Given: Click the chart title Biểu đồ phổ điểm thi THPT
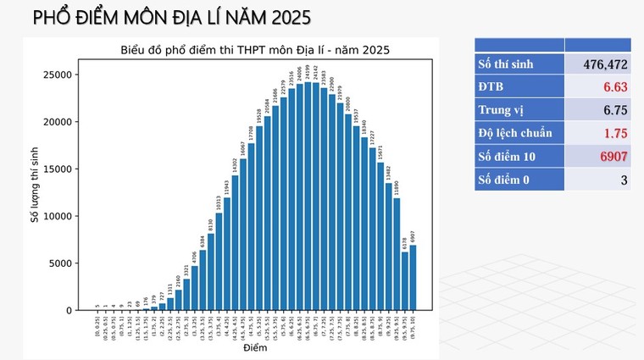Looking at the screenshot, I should pyautogui.click(x=254, y=50).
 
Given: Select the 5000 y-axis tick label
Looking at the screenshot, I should pyautogui.click(x=62, y=263).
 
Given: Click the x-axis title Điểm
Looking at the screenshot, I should pyautogui.click(x=254, y=348).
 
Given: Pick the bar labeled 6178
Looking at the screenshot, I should pyautogui.click(x=405, y=281).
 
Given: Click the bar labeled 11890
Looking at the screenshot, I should pyautogui.click(x=397, y=254).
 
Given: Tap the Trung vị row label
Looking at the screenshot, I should pyautogui.click(x=500, y=110).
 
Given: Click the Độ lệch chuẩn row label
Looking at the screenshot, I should pyautogui.click(x=515, y=133).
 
